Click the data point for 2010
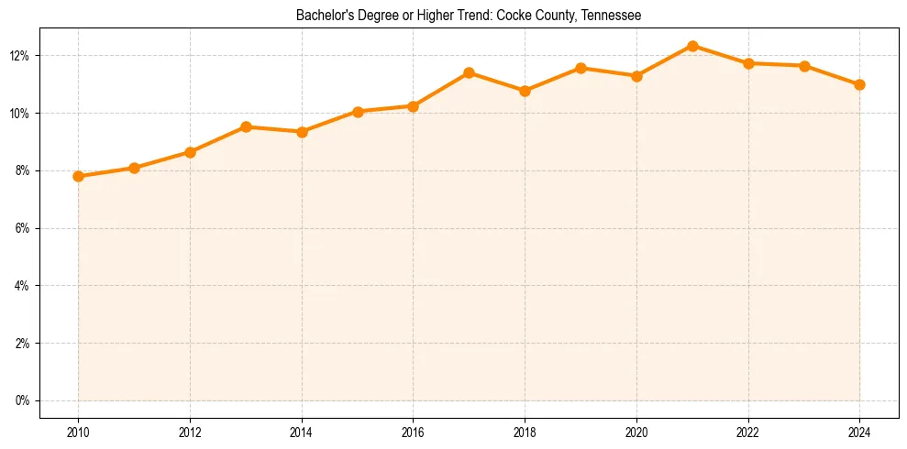[78, 176]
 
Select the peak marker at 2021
[692, 46]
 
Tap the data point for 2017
[469, 72]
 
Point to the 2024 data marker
[859, 84]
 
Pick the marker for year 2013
[246, 126]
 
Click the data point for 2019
[581, 68]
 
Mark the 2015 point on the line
[358, 112]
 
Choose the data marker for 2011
[134, 168]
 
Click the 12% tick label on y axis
[19, 56]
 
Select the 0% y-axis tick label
[22, 400]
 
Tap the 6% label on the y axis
[22, 228]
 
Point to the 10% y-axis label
[19, 114]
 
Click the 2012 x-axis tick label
[190, 432]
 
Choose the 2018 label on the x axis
[525, 432]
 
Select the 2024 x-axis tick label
[859, 432]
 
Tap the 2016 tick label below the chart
[413, 432]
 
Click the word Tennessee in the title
[612, 16]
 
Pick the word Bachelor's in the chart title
[323, 16]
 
